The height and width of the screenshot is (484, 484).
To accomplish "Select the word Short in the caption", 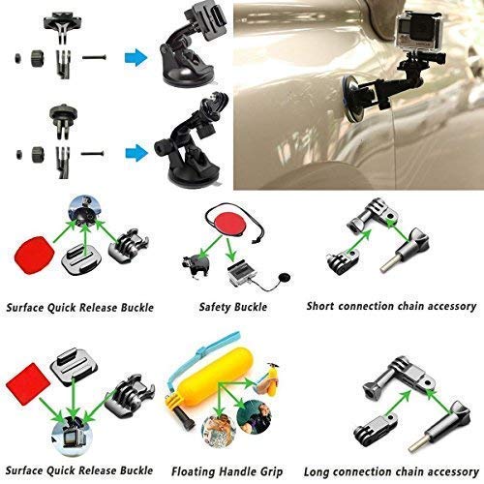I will [323, 307].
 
